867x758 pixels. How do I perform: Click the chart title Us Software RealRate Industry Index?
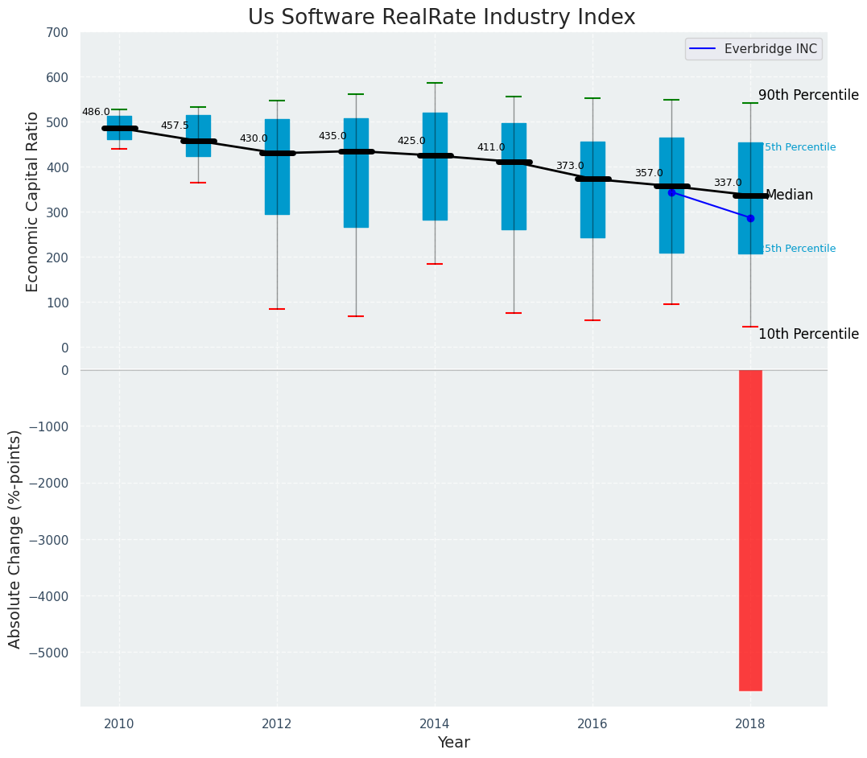pos(441,18)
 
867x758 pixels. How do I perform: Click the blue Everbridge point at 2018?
pos(750,218)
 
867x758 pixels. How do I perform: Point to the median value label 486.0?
pos(96,112)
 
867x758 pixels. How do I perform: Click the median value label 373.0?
pos(570,166)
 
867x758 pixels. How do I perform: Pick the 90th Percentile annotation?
pos(808,95)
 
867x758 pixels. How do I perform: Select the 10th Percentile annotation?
pos(808,334)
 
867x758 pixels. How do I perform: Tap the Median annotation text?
pos(789,195)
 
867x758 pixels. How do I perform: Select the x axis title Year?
pos(453,743)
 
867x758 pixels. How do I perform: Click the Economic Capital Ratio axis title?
pos(32,201)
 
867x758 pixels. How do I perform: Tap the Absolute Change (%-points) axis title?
pos(14,538)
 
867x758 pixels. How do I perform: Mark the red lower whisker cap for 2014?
pos(435,264)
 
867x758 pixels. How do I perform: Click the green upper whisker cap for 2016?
pos(592,98)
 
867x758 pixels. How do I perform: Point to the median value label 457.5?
pos(175,126)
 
